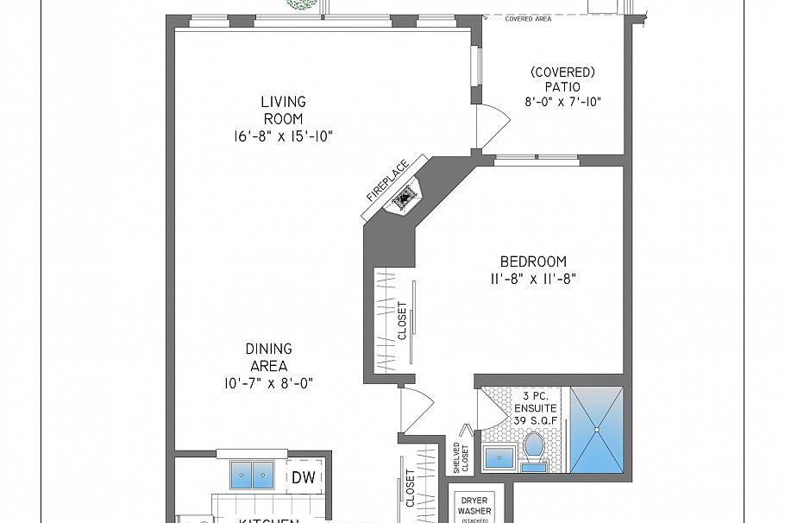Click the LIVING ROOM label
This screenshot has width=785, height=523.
pos(283,110)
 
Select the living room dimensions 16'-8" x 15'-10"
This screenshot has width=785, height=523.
pos(283,135)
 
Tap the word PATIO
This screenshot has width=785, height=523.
pos(562,86)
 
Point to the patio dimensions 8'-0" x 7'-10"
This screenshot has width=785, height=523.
pos(562,101)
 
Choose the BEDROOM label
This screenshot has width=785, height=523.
pos(533,262)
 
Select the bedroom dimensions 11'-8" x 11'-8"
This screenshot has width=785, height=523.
pos(533,278)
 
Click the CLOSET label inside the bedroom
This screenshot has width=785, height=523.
pos(402,320)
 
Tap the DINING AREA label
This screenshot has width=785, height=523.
pos(268,357)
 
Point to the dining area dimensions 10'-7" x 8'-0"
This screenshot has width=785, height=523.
pos(268,382)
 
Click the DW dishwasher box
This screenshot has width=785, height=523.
pos(302,476)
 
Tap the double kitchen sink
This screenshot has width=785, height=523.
pos(252,475)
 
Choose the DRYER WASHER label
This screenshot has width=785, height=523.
pos(474,506)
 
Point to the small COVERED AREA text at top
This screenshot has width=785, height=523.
pos(529,17)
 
